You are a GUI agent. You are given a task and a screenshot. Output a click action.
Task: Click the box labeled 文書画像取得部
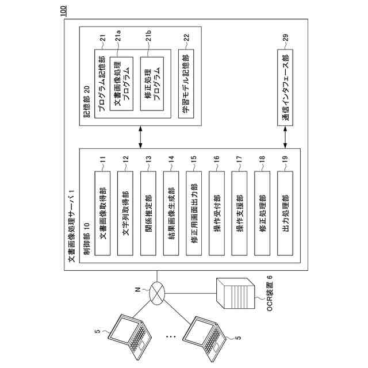[x=102, y=213]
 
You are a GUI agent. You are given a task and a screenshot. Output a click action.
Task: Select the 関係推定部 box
[x=148, y=213]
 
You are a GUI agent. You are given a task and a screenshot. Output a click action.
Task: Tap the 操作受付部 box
[x=217, y=213]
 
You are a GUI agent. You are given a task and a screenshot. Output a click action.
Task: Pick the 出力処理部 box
[x=285, y=213]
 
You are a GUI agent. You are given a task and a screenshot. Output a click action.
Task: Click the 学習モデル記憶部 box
[x=186, y=84]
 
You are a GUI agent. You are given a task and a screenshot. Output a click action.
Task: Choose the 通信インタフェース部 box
[x=285, y=87]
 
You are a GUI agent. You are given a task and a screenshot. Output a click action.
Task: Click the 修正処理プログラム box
[x=152, y=84]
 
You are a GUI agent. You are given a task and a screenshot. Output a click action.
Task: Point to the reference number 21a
[x=118, y=36]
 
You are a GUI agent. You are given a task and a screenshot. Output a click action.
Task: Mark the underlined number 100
[x=64, y=11]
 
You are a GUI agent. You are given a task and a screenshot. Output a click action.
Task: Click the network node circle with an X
[x=157, y=293]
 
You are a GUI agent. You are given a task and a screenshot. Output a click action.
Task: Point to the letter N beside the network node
[x=139, y=289]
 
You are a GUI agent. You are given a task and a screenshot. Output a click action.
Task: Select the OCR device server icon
[x=235, y=293]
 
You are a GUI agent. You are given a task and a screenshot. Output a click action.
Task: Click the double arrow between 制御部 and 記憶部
[x=140, y=137]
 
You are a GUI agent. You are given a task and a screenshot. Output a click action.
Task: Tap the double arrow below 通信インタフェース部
[x=285, y=137]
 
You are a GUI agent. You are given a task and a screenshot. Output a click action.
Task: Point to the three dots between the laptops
[x=171, y=337]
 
